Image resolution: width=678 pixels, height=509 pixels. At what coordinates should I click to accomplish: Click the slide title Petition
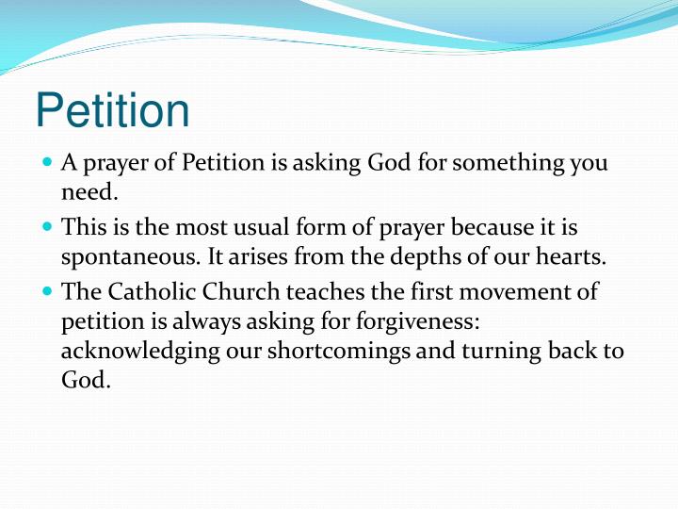[x=112, y=111]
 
